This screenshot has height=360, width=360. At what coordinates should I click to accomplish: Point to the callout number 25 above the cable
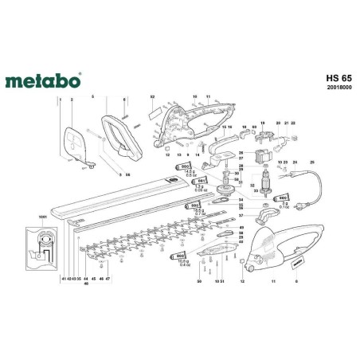pyautogui.click(x=312, y=162)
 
